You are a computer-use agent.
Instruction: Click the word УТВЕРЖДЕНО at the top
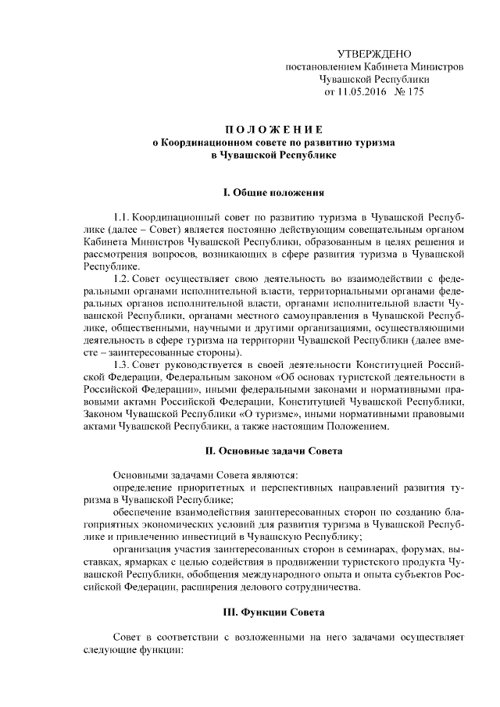click(x=373, y=53)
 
